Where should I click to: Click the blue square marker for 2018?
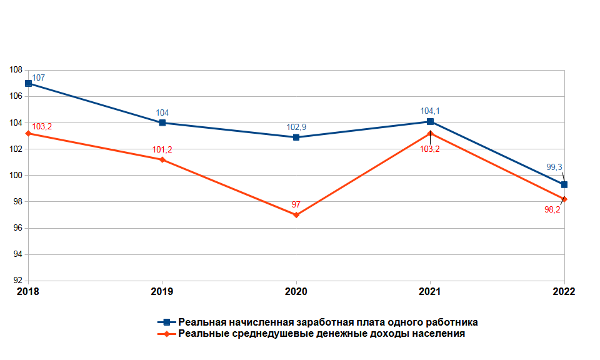[x=28, y=83]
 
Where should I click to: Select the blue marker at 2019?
[x=162, y=122]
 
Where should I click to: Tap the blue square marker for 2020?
[x=296, y=137]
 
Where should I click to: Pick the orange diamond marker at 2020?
[x=296, y=215]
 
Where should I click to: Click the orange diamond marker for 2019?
[x=162, y=160]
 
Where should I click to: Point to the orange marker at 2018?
[x=28, y=133]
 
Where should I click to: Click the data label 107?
[x=39, y=78]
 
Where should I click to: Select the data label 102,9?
[x=296, y=127]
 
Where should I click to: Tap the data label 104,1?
[x=431, y=111]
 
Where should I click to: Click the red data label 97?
[x=296, y=205]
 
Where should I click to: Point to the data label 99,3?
[x=556, y=167]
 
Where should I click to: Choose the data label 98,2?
[x=552, y=210]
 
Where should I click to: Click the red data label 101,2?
[x=162, y=150]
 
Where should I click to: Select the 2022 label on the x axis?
[x=564, y=292]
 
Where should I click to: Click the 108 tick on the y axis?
[x=16, y=70]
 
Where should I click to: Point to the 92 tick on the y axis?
[x=17, y=281]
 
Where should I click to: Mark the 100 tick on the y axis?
[x=16, y=176]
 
